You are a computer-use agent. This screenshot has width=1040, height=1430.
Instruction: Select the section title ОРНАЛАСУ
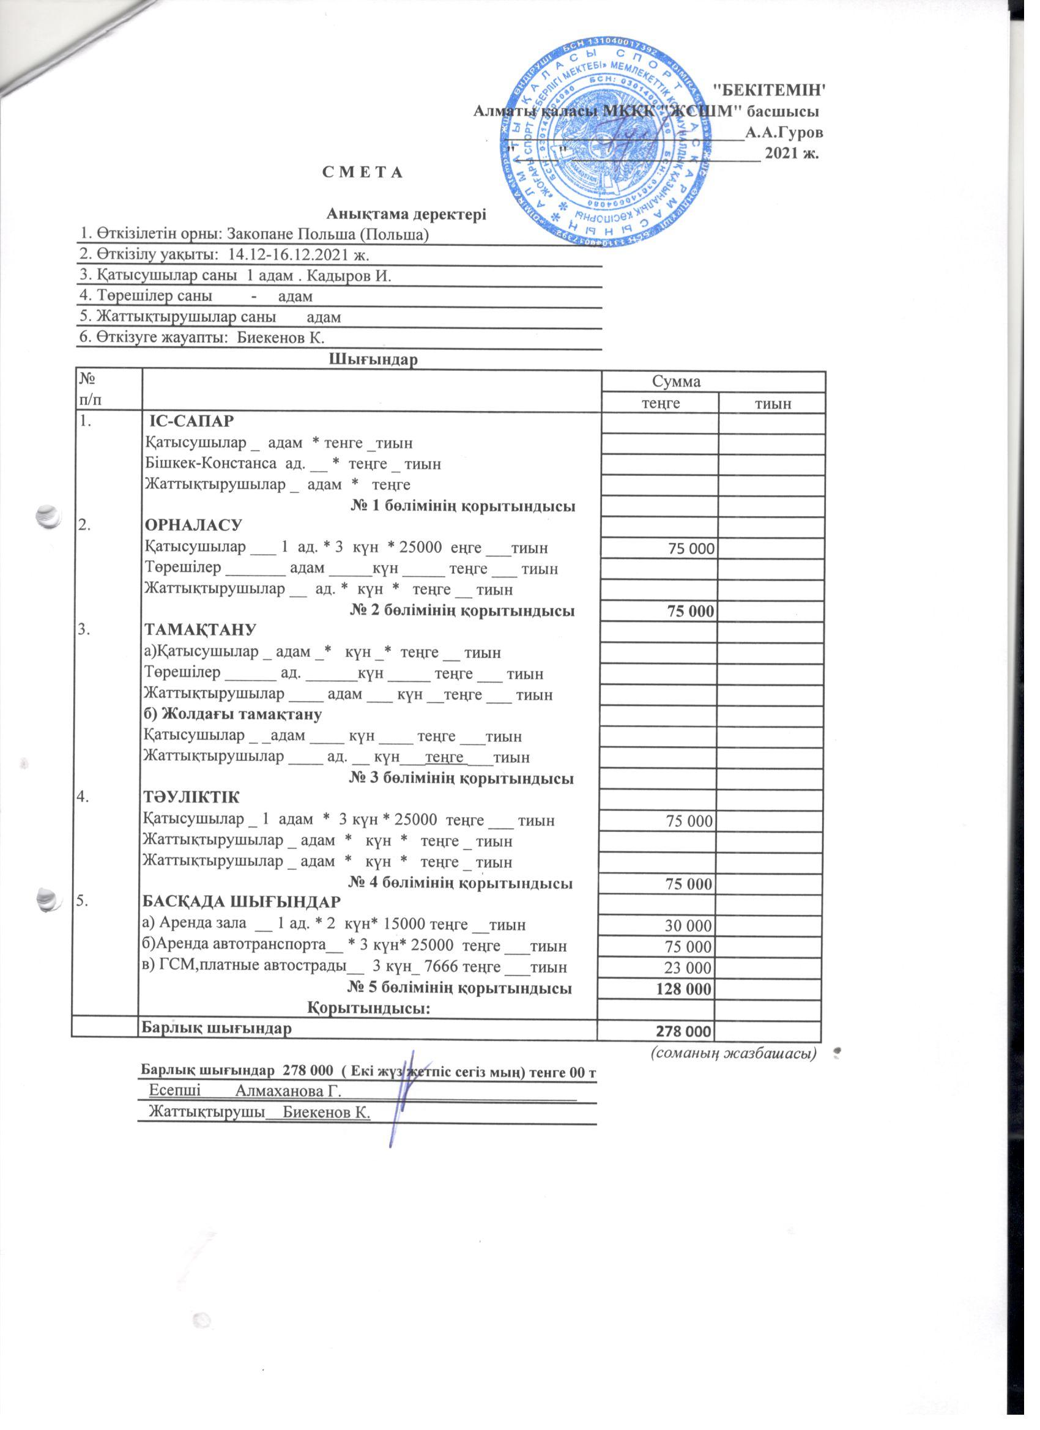[193, 526]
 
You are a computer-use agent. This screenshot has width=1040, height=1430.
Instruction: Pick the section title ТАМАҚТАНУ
[200, 631]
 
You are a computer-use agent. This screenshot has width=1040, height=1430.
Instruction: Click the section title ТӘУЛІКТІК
[192, 798]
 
